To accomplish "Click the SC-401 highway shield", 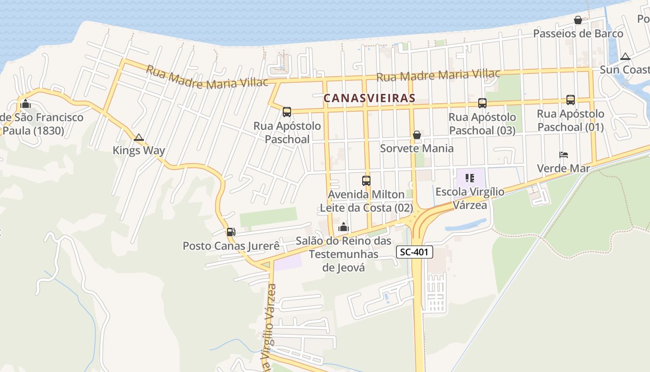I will (415, 252).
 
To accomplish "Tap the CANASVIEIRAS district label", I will (369, 98).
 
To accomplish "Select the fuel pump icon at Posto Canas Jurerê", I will (231, 232).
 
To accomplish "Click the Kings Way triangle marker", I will (138, 138).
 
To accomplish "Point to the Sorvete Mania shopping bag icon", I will (417, 135).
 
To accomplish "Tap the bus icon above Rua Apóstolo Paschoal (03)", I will (482, 103).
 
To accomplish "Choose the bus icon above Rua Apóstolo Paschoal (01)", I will (571, 100).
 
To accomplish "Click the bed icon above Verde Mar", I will (564, 155).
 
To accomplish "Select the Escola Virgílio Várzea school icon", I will (470, 178).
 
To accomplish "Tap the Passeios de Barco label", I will (578, 33).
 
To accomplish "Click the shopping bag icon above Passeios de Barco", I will (578, 20).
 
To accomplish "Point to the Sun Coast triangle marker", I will (625, 57).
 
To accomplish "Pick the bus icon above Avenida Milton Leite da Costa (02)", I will (366, 180).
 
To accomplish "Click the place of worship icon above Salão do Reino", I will (344, 227).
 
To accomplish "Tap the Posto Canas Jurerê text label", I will (231, 246).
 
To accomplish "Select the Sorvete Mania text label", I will (417, 148).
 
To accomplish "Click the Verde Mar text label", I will (563, 168).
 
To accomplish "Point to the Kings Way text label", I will (139, 151).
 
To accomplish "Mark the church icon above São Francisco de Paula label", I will (26, 103).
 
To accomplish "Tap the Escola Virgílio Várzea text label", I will (470, 198).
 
